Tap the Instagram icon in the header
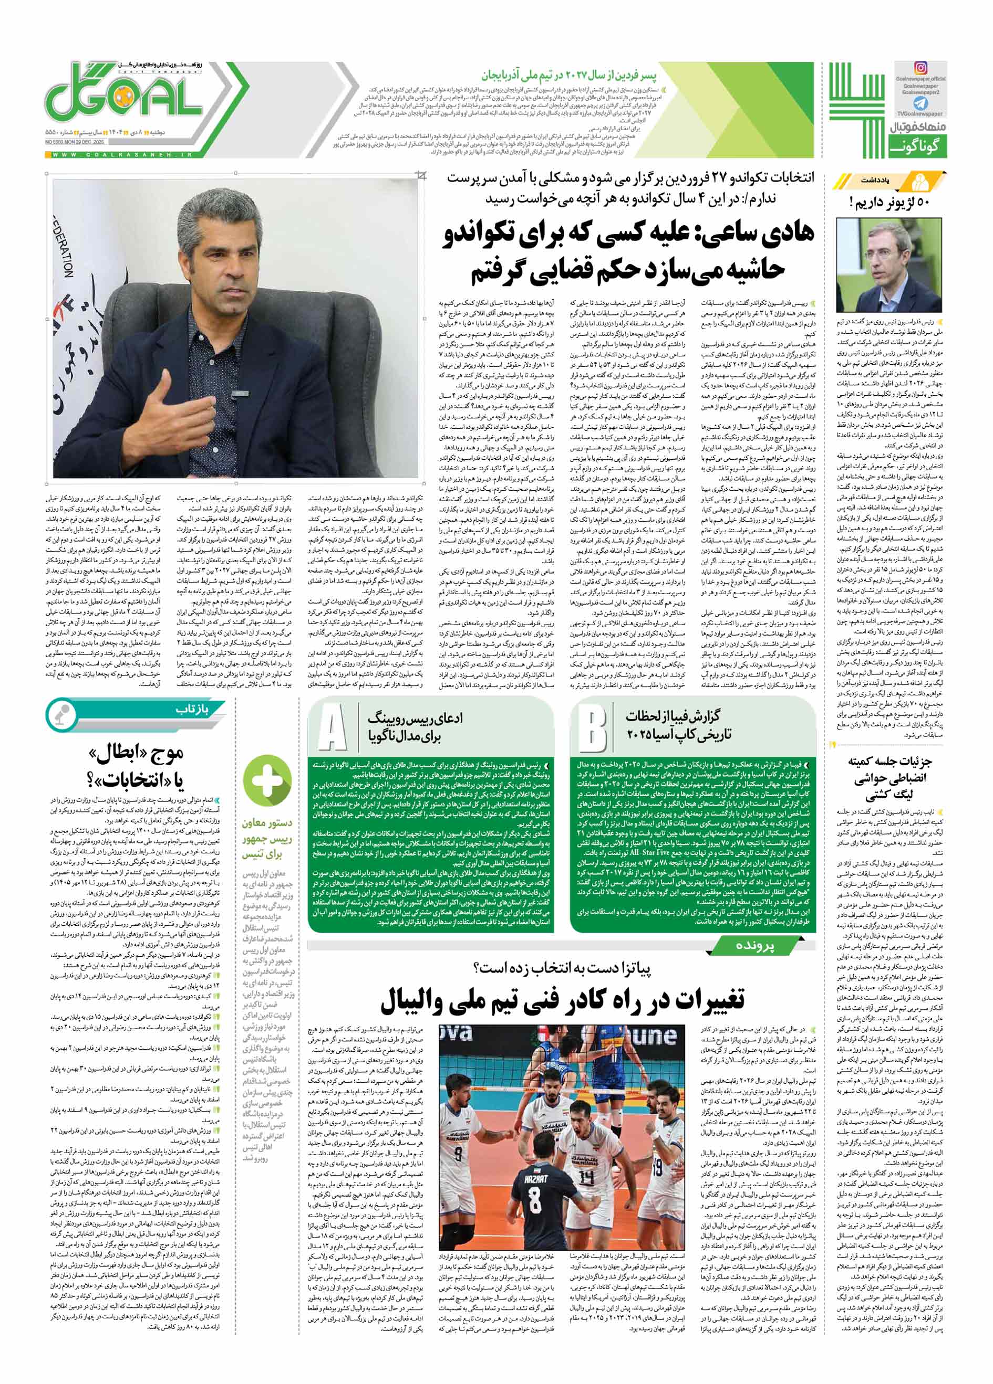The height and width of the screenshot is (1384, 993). (x=920, y=68)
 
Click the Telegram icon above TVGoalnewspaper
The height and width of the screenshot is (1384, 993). (x=920, y=102)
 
